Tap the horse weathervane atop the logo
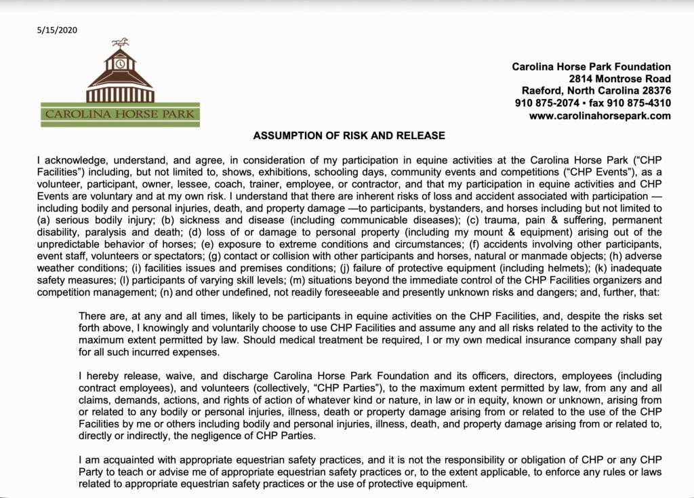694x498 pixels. coord(120,42)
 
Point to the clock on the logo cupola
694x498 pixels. coord(120,64)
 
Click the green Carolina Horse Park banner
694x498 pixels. coord(120,114)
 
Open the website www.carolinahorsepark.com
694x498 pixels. coord(600,115)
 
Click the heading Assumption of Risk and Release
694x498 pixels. coord(349,136)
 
